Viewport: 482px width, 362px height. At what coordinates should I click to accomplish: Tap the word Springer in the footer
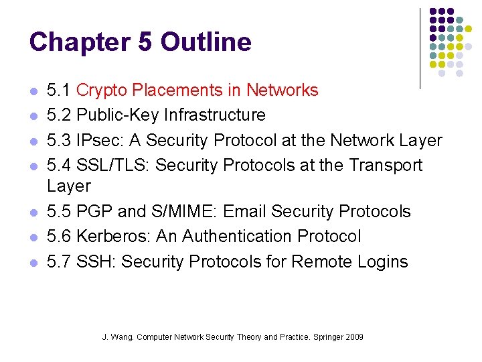325,337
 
